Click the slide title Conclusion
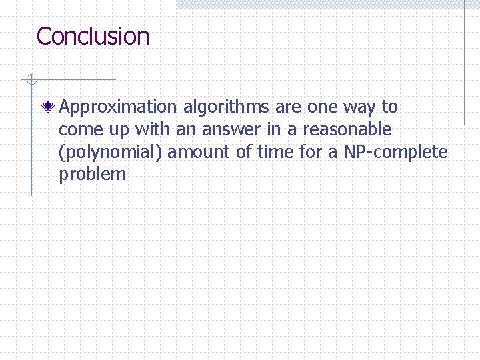pos(93,36)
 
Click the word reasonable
pos(348,129)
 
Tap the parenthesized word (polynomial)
pos(111,152)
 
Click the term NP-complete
pos(396,152)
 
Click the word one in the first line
pos(323,107)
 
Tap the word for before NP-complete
pos(311,152)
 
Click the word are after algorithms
pos(288,107)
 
